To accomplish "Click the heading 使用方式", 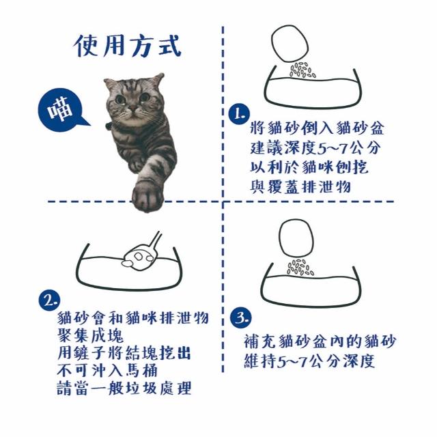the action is pos(128,46).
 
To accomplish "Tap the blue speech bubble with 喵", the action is pos(62,110).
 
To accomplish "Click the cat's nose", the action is pos(133,108).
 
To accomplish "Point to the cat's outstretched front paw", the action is pos(147,197).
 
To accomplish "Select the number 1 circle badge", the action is pos(240,114).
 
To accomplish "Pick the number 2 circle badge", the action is pos(50,300).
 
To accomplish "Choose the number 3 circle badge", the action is pos(240,318).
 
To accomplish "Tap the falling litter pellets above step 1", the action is pos(302,70).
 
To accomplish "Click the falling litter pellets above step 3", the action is pos(300,267).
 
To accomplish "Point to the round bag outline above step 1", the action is pos(290,44).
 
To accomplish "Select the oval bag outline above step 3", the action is pos(296,238).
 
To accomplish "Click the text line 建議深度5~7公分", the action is pos(315,148).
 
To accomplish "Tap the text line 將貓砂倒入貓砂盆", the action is pos(317,128).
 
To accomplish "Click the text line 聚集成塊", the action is pos(90,335).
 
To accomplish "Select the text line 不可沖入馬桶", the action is pos(107,370).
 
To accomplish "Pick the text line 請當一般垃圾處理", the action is pos(124,388).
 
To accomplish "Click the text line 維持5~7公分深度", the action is pos(309,361).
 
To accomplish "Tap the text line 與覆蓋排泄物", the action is pos(300,186).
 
